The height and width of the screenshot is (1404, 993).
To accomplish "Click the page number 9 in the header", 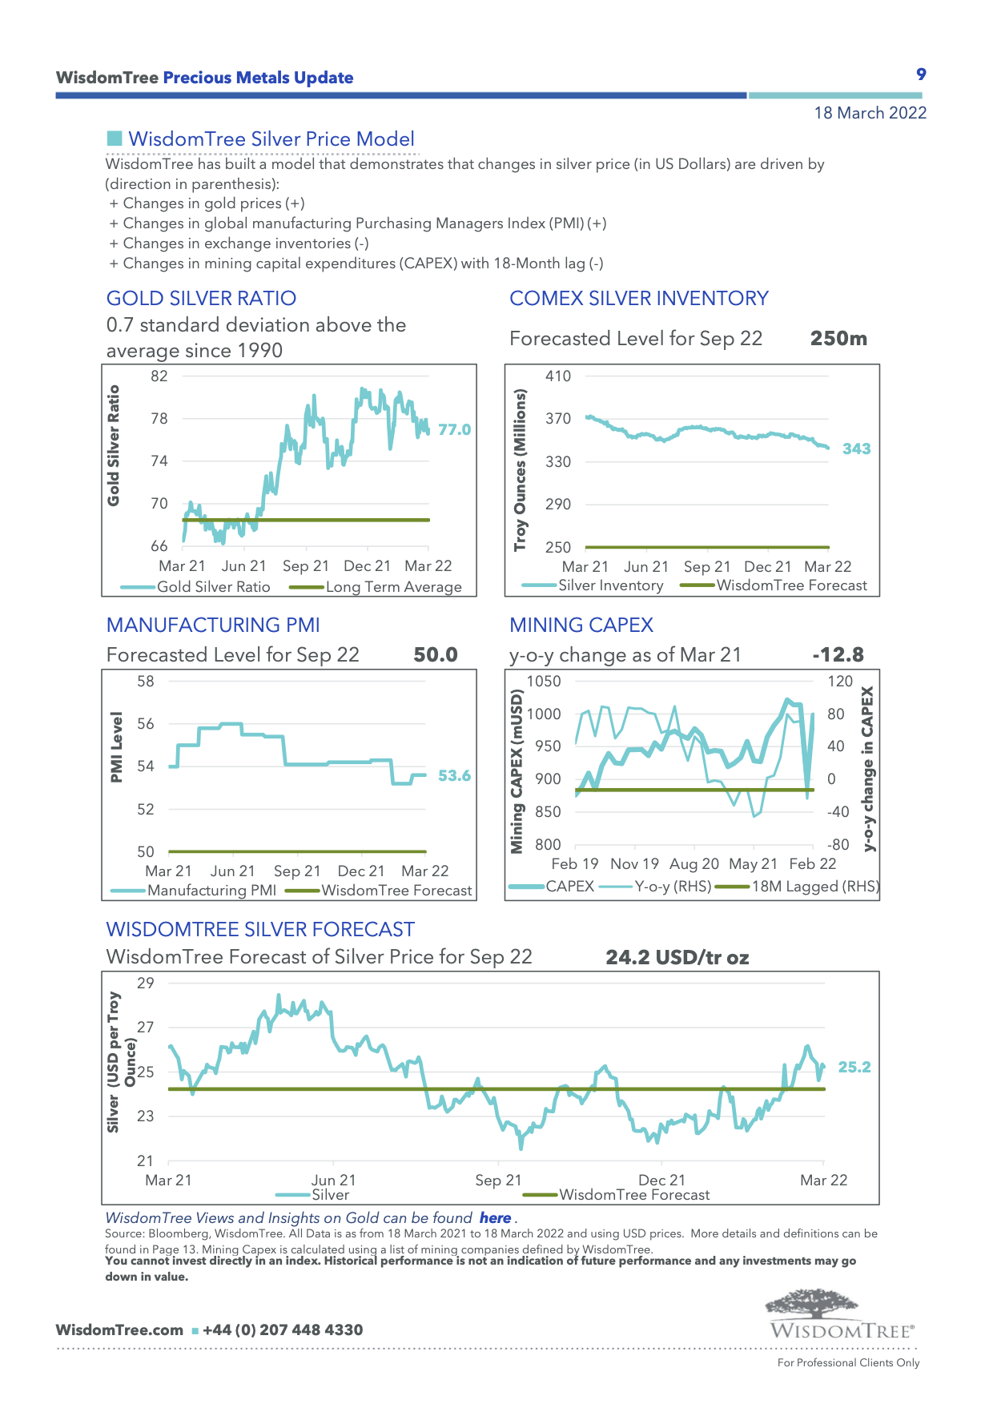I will [921, 74].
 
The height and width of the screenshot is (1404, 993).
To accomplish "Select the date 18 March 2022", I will [870, 113].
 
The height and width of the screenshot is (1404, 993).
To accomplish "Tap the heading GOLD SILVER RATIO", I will [201, 299].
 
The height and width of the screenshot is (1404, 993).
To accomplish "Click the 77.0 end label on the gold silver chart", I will [454, 430].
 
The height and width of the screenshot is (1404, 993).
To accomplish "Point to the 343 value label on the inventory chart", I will [856, 449].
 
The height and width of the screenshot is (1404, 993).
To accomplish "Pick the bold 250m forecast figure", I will [838, 339].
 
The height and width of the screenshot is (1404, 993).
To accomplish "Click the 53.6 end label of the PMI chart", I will [454, 776].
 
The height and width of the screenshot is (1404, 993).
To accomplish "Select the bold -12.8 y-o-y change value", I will [838, 655].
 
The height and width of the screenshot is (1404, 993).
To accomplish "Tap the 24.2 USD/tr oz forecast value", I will [677, 958].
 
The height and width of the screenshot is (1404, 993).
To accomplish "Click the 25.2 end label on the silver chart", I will [854, 1068].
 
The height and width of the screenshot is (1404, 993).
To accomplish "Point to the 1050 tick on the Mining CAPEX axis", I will [544, 682].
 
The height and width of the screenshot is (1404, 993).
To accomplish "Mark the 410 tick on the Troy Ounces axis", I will [558, 376].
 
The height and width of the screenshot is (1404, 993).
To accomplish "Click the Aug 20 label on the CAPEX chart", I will [694, 864].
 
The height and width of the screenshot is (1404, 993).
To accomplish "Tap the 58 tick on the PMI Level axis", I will [146, 682].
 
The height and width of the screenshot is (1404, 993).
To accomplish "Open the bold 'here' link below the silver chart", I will [495, 1218].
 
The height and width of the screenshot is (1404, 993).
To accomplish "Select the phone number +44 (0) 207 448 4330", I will [283, 1330].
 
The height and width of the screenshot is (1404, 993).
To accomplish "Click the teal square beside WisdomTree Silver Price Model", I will [114, 139].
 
